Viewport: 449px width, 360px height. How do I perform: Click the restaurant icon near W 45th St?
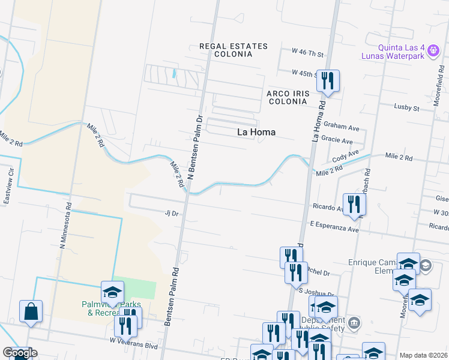(x=327, y=80)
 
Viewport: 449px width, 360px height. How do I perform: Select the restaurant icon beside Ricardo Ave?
(x=354, y=204)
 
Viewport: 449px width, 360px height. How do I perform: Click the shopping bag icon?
(x=31, y=311)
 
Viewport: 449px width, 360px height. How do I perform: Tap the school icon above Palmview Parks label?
(x=112, y=292)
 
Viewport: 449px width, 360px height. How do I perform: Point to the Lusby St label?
(x=407, y=108)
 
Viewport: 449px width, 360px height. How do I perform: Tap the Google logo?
(x=19, y=353)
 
